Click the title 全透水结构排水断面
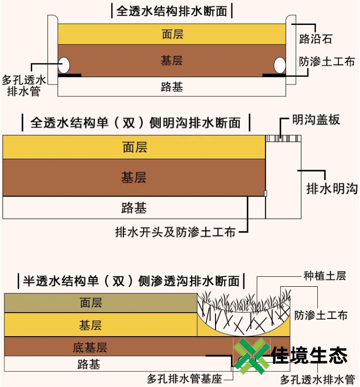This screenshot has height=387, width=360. [x=171, y=11]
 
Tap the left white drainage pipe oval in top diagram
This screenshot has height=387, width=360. [x=64, y=64]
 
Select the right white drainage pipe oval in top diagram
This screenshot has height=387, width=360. [x=279, y=64]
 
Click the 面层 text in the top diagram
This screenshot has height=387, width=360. [x=172, y=35]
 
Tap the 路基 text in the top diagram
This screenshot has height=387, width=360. [x=172, y=87]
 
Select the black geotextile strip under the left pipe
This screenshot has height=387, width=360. [x=69, y=75]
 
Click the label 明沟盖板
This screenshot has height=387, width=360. [x=316, y=119]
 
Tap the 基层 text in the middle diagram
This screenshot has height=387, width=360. [x=133, y=177]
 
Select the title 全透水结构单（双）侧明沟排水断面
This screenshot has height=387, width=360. [x=135, y=123]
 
